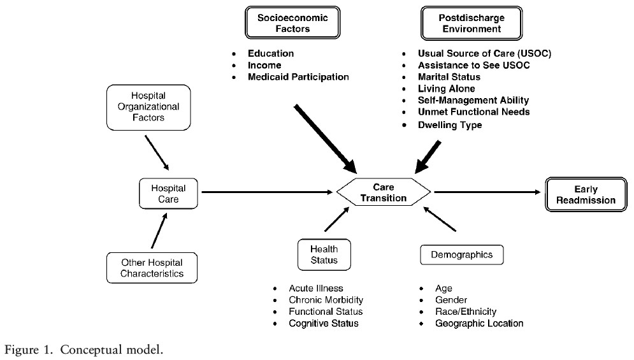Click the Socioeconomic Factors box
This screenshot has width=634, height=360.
[x=292, y=23]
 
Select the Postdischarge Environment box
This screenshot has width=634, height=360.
[x=472, y=23]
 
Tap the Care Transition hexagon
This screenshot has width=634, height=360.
[x=384, y=192]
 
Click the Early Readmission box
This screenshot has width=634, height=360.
[x=586, y=194]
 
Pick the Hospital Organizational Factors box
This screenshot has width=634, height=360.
[x=148, y=107]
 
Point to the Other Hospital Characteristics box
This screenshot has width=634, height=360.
[x=152, y=268]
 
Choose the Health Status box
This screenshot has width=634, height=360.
[x=324, y=254]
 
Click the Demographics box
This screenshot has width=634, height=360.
[x=462, y=255]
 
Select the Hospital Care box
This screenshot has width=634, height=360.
[x=168, y=194]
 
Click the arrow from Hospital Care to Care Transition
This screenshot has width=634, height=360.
[x=267, y=192]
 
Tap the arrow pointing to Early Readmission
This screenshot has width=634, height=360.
[x=487, y=192]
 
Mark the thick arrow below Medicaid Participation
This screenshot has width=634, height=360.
[x=326, y=139]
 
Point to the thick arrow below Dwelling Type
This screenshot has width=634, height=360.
[x=428, y=157]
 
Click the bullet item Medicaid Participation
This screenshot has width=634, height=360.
[x=298, y=77]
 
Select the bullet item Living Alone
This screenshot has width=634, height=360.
[x=447, y=89]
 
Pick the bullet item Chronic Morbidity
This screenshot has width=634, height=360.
[x=326, y=299]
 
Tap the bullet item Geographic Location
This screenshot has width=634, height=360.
[x=479, y=323]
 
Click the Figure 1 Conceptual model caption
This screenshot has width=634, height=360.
[x=83, y=349]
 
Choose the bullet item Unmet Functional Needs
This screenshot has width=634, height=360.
[x=474, y=112]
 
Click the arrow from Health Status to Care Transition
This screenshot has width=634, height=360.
[x=337, y=219]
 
